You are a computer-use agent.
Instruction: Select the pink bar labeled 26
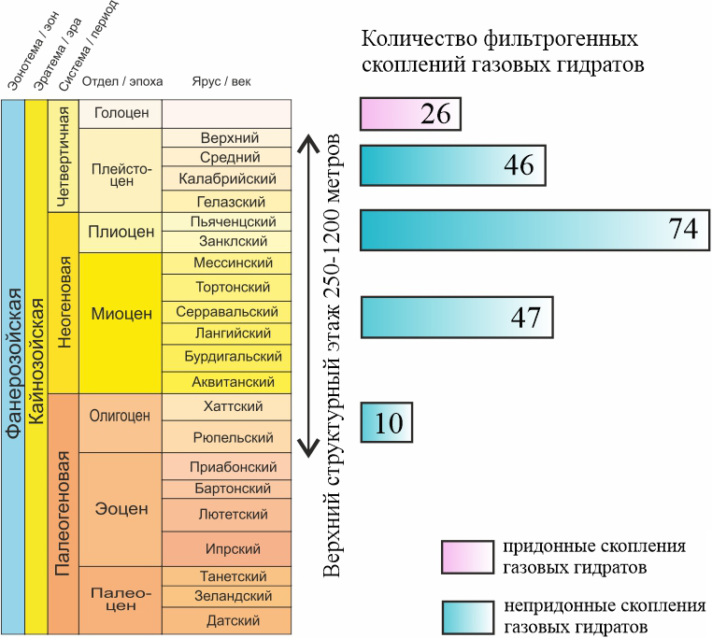click(x=409, y=114)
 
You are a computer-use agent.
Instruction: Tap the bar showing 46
click(x=452, y=165)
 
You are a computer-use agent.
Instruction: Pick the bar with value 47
click(x=456, y=318)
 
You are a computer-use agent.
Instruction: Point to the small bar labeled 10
click(x=386, y=422)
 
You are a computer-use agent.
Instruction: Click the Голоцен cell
click(x=121, y=114)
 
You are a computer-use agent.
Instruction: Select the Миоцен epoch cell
click(x=121, y=314)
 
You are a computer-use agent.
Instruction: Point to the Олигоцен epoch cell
click(x=121, y=418)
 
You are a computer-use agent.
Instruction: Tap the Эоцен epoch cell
click(x=121, y=509)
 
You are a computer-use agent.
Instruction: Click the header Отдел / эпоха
click(x=122, y=81)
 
